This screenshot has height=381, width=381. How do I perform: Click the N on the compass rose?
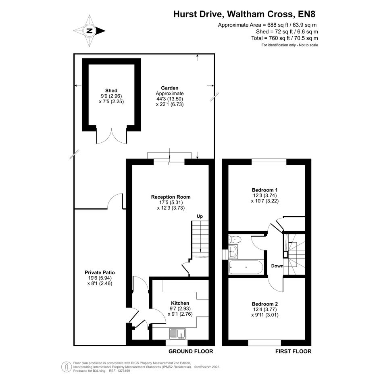(90, 31)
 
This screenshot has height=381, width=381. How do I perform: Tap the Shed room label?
(111, 91)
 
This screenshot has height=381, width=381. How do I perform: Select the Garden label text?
(170, 88)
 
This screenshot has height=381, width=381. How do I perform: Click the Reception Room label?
(171, 197)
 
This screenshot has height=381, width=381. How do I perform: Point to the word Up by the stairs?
(200, 216)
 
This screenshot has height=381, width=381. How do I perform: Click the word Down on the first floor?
(277, 266)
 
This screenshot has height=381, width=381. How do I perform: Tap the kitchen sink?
(178, 333)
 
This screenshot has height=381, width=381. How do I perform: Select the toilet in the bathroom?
(235, 239)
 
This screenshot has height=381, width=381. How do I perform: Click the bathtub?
(246, 267)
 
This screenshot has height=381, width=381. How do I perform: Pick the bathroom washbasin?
(233, 252)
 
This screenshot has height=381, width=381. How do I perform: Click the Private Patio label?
(100, 273)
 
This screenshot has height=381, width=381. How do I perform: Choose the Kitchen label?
(180, 303)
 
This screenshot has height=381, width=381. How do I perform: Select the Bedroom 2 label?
(264, 304)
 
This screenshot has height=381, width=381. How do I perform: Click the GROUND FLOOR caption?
(191, 351)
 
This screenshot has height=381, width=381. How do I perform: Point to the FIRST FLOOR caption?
(293, 351)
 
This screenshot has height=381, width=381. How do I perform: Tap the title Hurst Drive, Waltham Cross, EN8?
(244, 14)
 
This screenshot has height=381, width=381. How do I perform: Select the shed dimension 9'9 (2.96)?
(111, 96)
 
